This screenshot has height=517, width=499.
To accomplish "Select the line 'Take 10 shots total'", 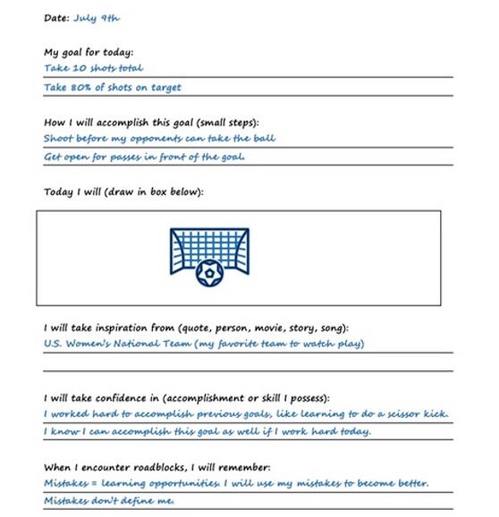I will coord(93,68).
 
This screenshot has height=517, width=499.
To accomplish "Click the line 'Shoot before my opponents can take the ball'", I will coord(159,139).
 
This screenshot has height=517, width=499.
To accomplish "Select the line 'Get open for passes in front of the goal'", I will coord(144,157).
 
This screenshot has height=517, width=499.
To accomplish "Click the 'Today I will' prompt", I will coord(123,191).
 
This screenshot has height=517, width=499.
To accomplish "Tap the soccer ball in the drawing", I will coord(209,271).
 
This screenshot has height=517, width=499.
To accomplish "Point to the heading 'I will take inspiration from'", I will coord(195,327).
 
